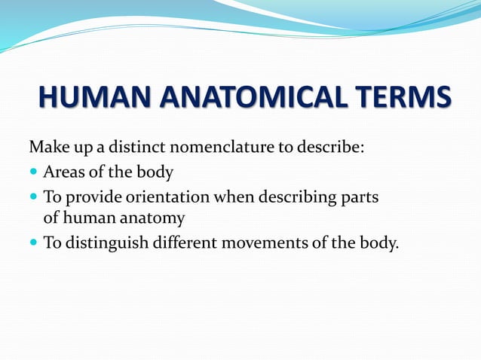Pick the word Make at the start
coord(45,146)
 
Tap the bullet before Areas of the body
coord(33,172)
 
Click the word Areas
coord(64,172)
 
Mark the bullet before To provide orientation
coord(33,197)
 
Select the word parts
coord(360,198)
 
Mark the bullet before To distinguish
coord(33,243)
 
